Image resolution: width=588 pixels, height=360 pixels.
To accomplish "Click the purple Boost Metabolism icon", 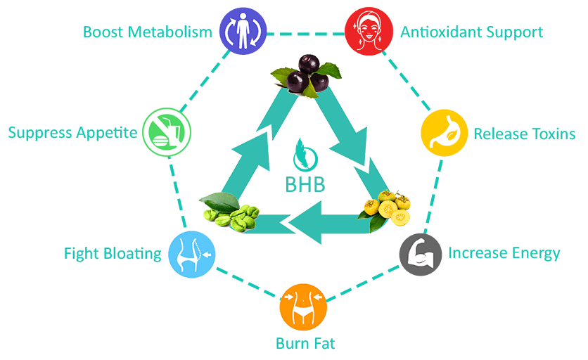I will pos(241,32).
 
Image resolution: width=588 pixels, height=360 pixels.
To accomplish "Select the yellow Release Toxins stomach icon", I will pos(444,132).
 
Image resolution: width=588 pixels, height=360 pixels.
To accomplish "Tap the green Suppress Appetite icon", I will pos(165,131).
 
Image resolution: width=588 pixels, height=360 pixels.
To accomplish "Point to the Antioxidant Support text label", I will pos(471,32).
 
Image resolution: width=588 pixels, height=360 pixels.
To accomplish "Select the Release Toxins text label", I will pos(525,134).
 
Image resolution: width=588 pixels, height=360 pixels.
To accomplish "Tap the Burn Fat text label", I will pos(305,344).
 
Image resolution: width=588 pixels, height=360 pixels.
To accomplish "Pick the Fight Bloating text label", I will pos(113,253).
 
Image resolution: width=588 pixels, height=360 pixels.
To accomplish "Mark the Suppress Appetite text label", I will pos(72,132).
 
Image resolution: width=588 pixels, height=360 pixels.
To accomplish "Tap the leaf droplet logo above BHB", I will pos(305,150).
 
